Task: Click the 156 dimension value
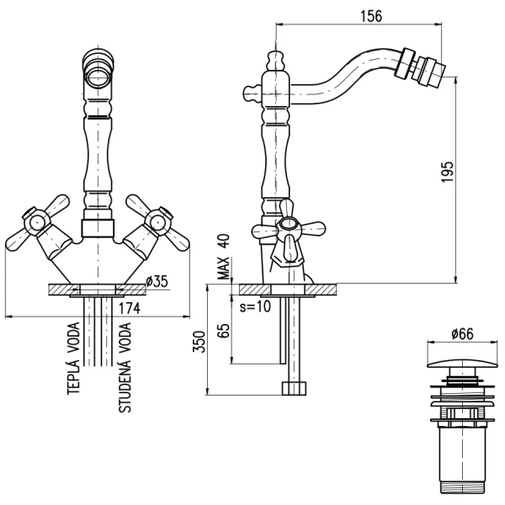371,16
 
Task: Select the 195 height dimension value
447,172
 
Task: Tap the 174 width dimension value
130,308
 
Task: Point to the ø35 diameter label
157,281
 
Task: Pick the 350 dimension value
199,342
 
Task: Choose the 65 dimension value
224,331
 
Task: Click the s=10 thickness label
255,306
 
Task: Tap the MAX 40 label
224,257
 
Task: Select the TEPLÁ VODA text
73,359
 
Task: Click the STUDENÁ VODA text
125,368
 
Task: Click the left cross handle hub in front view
36,221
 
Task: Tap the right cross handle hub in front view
158,221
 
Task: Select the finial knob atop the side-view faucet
276,61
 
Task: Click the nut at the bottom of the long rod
294,388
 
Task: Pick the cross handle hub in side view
290,224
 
